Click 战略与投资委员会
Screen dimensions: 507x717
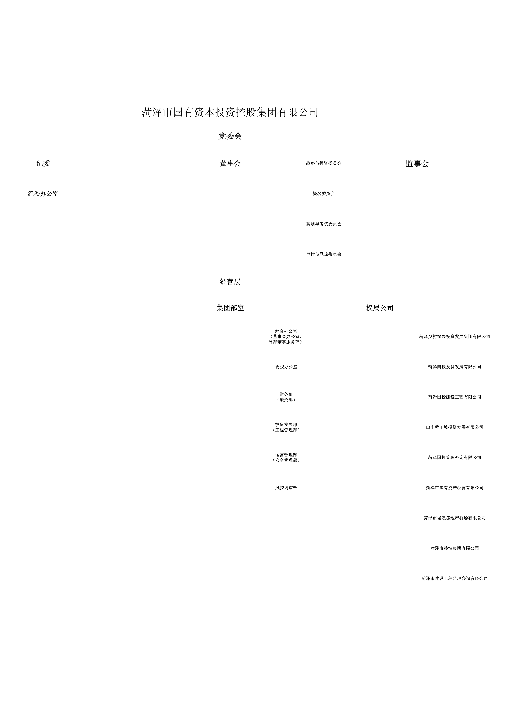coord(324,163)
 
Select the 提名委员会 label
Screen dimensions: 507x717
coord(324,194)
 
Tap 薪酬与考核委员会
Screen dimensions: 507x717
coord(324,224)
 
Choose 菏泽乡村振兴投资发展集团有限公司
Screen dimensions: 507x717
coord(455,337)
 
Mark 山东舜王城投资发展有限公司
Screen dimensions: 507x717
coord(455,427)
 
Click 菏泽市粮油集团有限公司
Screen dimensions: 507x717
coord(455,548)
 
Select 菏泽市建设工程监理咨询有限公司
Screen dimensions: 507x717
coord(455,578)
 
